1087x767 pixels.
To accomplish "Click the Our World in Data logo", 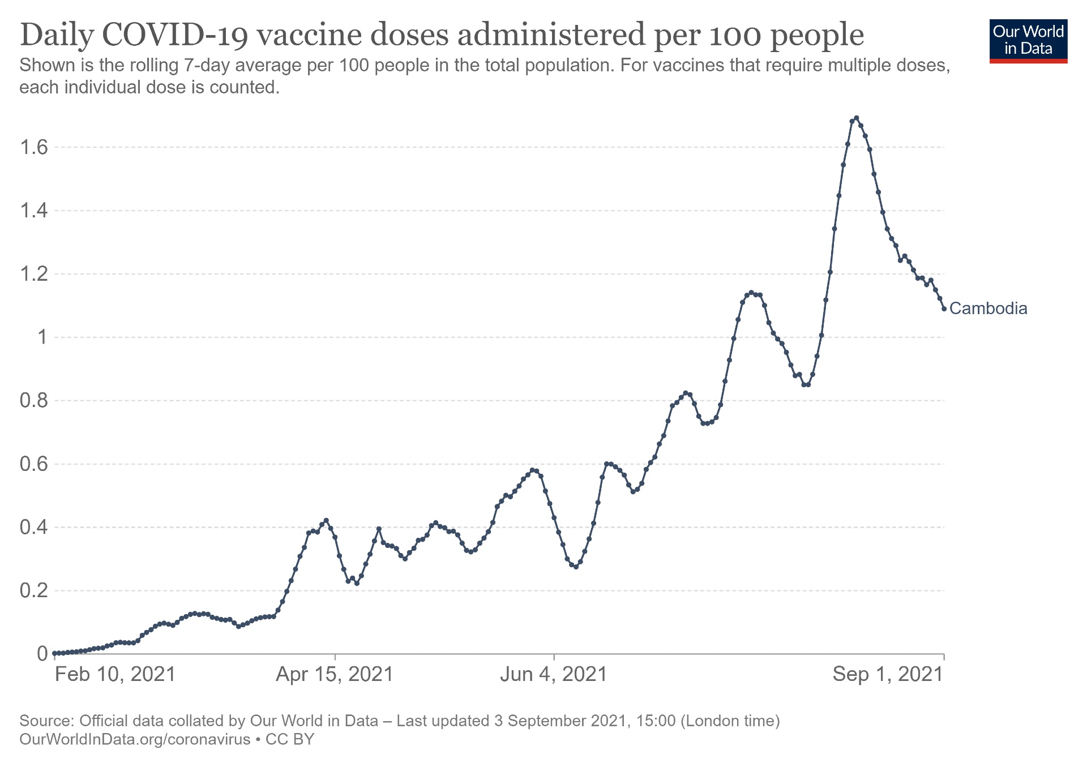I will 1028,41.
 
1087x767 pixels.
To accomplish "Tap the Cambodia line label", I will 988,308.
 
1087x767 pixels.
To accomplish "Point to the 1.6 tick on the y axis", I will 33,148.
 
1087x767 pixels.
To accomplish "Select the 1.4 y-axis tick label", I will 33,211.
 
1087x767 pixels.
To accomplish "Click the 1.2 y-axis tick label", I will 33,275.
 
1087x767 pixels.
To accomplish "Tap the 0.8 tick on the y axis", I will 33,401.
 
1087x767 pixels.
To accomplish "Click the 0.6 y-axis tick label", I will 33,464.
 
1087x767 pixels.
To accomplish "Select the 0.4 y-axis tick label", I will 33,528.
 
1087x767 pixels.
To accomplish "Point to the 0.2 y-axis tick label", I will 33,591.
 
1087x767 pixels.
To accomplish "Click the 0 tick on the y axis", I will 42,654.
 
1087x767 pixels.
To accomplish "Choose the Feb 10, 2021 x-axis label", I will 115,674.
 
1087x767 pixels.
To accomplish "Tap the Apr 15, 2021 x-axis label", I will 335,674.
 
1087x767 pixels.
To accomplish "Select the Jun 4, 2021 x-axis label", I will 554,674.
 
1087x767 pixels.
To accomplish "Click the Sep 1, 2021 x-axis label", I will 888,674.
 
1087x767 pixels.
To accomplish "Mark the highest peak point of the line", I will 856,118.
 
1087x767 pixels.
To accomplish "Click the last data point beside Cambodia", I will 944,308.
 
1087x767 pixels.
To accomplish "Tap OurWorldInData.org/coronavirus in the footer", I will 135,739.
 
